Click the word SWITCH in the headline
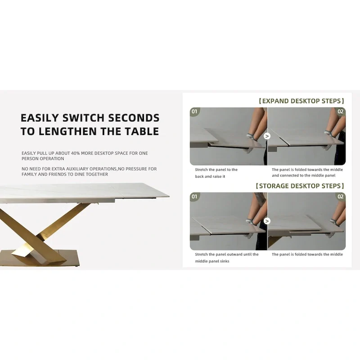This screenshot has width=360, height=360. (x=84, y=118)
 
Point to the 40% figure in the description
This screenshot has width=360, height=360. (x=75, y=153)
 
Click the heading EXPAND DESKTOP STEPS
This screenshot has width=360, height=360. (x=301, y=101)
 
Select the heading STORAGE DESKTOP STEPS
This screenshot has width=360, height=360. (x=300, y=186)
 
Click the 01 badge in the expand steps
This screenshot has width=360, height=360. (x=194, y=112)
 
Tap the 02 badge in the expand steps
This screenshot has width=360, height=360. (x=341, y=112)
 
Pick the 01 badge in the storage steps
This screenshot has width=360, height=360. (x=194, y=197)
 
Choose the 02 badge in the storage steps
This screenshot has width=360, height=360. (x=341, y=197)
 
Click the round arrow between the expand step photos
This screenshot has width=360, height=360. (x=267, y=136)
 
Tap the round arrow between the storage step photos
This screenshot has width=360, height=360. (x=267, y=221)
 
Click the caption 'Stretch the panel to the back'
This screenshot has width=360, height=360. (x=216, y=173)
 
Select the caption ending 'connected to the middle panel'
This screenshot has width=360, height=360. (x=307, y=172)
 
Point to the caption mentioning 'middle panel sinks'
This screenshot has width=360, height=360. (x=227, y=257)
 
